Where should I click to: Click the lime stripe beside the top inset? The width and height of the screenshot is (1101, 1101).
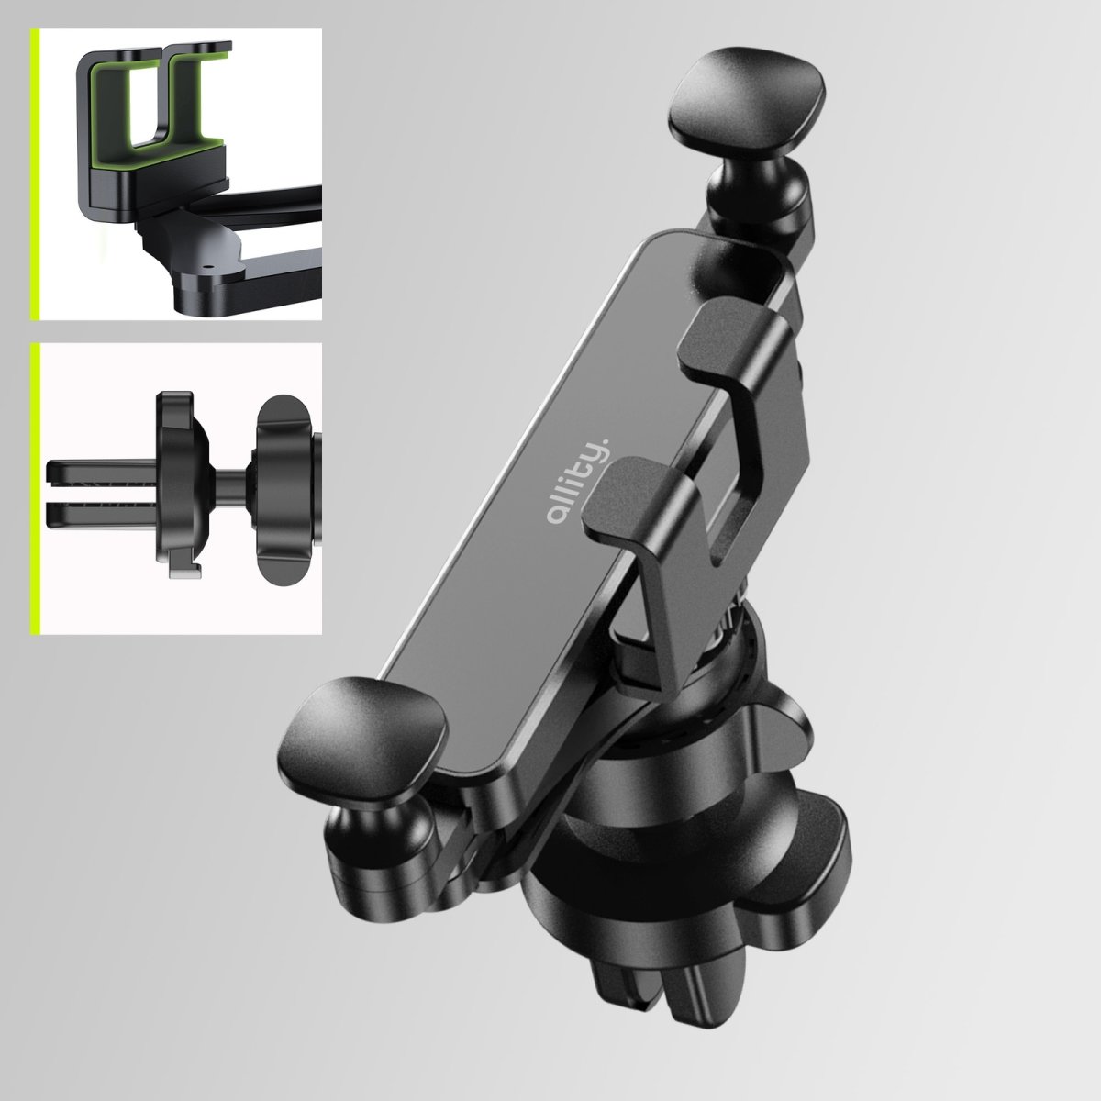tap(33, 174)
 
